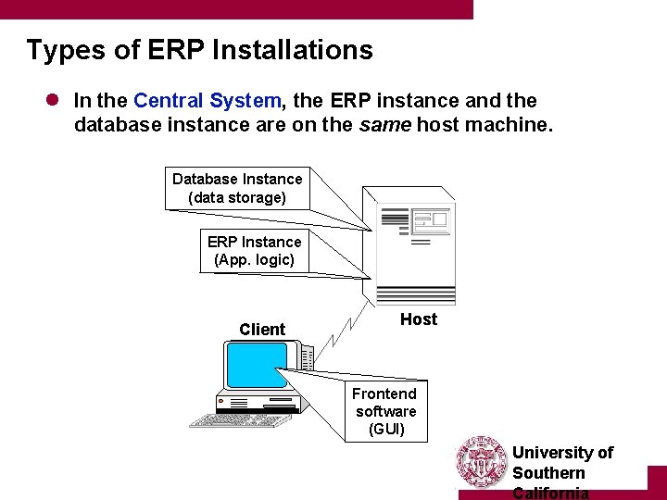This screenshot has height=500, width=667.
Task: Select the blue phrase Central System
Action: click(207, 100)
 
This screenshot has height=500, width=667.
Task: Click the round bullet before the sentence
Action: click(54, 100)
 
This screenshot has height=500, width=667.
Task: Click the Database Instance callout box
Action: click(237, 188)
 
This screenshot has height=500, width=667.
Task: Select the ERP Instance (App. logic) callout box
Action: click(254, 251)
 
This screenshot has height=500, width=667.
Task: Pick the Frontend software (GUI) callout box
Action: click(386, 411)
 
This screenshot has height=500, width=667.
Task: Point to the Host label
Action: click(419, 319)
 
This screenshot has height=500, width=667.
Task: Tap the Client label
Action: click(262, 330)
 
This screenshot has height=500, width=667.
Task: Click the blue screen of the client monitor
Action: click(256, 365)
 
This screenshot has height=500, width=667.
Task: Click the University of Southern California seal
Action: click(482, 462)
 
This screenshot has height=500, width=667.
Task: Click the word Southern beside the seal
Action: click(548, 472)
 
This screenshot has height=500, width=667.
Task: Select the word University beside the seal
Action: click(553, 453)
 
